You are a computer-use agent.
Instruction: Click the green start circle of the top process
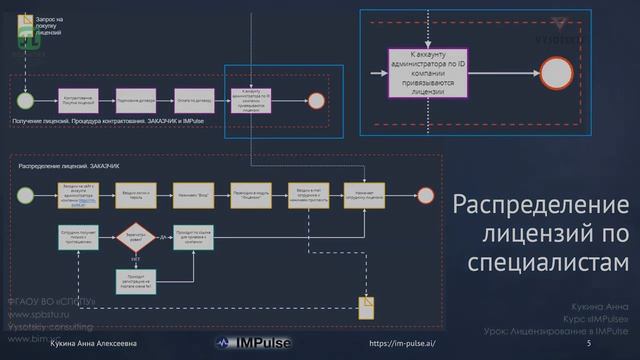[25, 100]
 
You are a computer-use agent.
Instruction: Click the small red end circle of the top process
[316, 100]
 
